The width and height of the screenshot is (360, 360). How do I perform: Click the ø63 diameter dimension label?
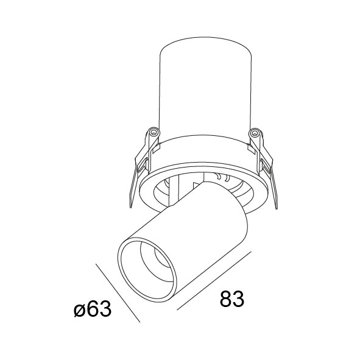point(93,309)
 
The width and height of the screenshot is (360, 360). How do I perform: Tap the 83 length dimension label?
point(232,299)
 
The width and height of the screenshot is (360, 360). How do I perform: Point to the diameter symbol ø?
point(79,311)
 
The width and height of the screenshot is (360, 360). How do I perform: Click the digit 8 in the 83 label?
point(226,299)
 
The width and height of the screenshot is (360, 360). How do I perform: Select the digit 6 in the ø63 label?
point(93,309)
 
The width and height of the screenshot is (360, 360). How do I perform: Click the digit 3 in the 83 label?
point(238,299)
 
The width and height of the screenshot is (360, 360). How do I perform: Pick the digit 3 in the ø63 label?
point(106,309)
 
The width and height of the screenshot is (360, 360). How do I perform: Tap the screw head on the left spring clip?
point(154,132)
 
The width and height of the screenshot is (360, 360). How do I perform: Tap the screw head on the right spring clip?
point(254,132)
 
